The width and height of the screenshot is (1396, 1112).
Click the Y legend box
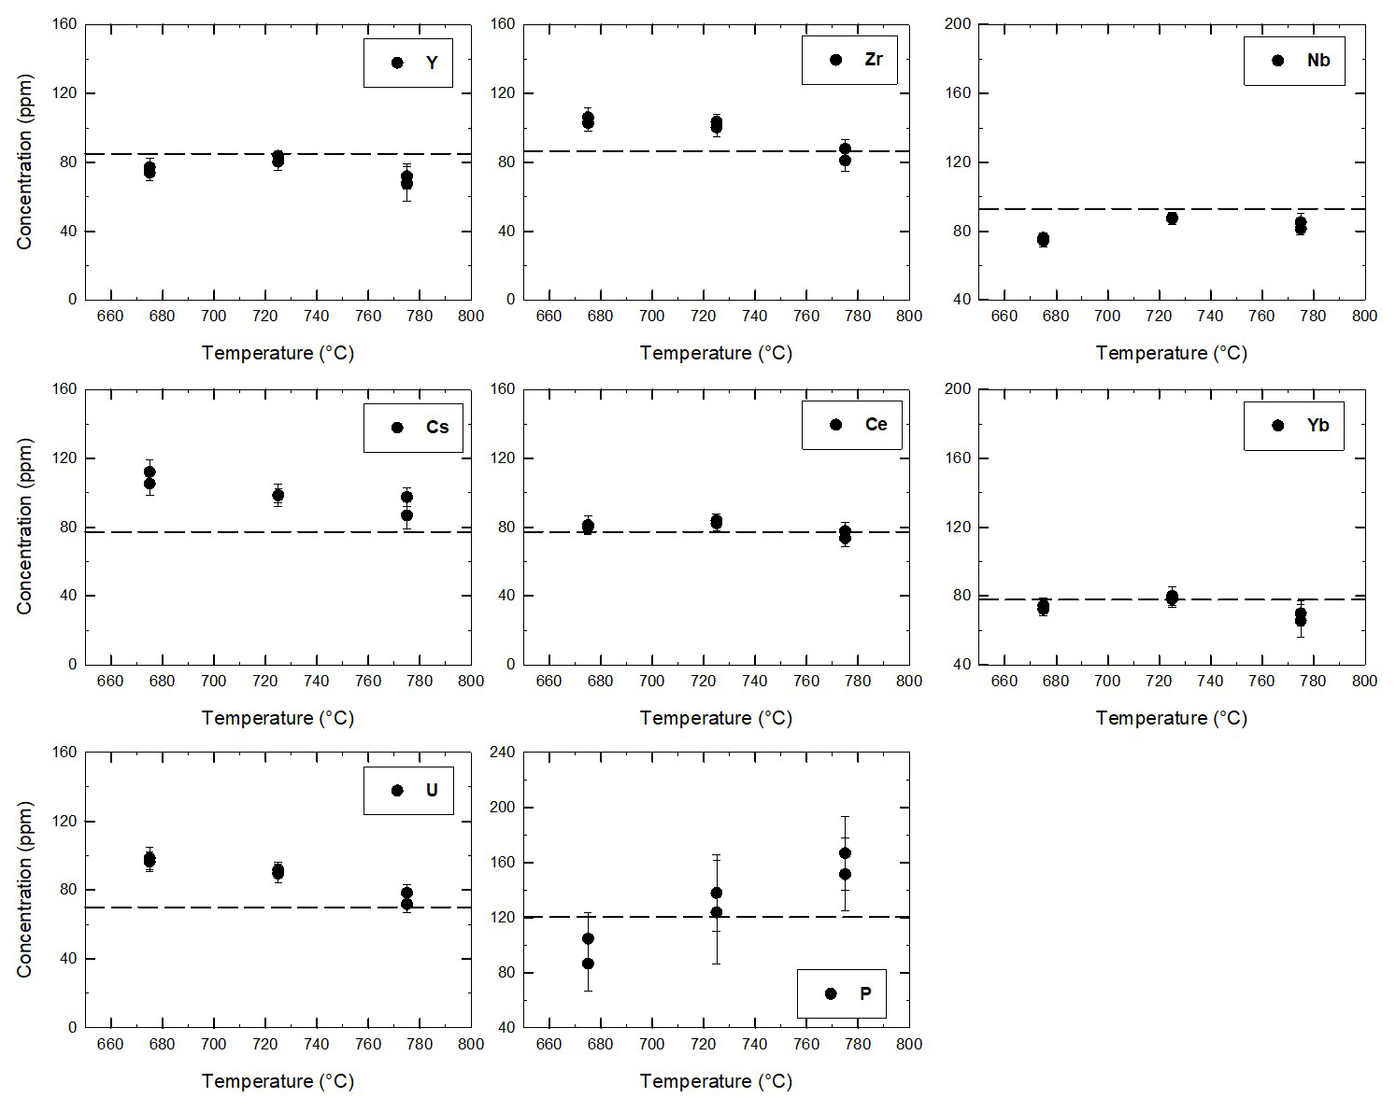[408, 63]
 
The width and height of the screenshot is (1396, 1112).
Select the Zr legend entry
[849, 60]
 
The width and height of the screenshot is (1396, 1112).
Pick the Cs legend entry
[413, 428]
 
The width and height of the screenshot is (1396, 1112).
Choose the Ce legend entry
[852, 425]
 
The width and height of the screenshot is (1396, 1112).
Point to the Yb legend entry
[1294, 426]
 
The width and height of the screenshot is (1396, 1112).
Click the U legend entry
[408, 791]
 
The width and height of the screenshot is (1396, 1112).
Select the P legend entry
[841, 993]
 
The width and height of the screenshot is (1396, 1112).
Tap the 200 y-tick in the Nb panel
[959, 23]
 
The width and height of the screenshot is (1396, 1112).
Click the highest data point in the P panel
[845, 853]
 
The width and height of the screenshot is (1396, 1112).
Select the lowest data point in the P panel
[588, 964]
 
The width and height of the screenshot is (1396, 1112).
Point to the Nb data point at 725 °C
[1172, 218]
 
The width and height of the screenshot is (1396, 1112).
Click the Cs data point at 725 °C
[278, 495]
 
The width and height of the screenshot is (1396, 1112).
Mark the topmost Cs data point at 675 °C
[150, 472]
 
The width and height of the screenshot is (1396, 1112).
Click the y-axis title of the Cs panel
[24, 526]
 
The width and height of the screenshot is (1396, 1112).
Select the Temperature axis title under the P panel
[716, 1081]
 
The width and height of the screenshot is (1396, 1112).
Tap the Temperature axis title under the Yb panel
[1171, 718]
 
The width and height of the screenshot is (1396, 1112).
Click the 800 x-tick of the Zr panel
[909, 317]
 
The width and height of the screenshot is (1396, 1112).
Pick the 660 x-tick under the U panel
[110, 1044]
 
